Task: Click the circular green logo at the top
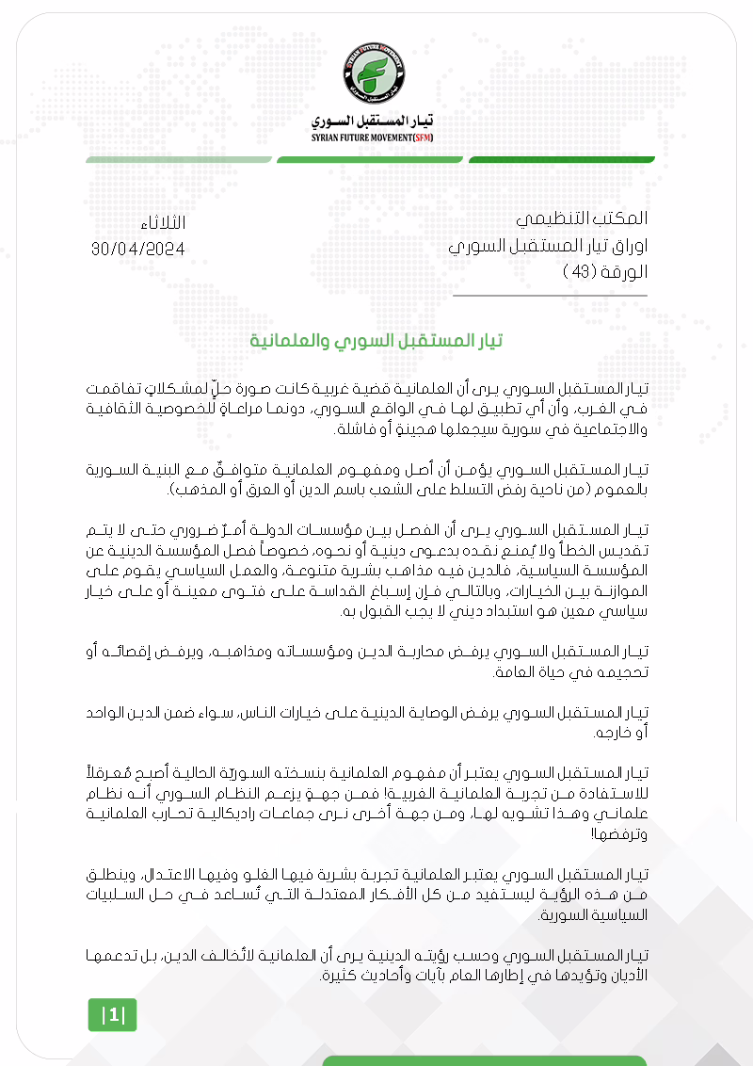[376, 73]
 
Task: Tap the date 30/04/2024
[137, 249]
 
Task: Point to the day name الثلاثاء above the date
[161, 223]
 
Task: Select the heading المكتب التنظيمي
[582, 218]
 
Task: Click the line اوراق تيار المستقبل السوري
[548, 247]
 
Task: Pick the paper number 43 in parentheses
[576, 272]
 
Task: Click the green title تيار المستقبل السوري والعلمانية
[376, 340]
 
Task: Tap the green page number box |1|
[112, 1015]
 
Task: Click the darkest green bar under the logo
[561, 159]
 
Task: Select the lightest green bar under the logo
[179, 159]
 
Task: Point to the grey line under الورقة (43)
[550, 296]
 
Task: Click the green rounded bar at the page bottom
[484, 1060]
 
